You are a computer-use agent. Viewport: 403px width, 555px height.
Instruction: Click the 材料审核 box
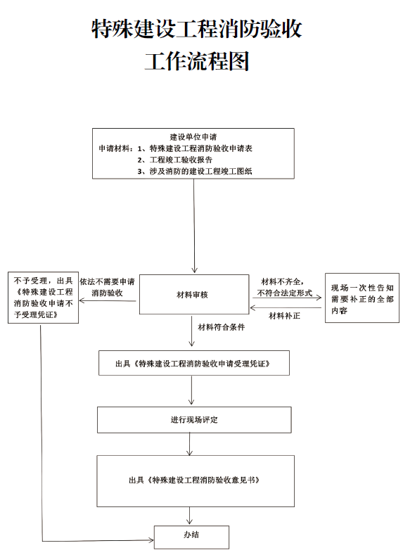pos(194,294)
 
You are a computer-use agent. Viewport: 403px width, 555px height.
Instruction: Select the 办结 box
pos(191,537)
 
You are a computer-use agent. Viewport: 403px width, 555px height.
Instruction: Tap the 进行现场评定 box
pos(194,420)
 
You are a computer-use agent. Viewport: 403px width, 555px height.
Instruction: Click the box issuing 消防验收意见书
pos(196,481)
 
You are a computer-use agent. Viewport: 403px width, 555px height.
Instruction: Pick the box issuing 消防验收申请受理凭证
pos(194,363)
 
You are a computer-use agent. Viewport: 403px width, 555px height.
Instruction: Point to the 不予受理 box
pos(43,298)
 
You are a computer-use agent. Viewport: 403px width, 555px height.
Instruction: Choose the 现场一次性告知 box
pos(362,298)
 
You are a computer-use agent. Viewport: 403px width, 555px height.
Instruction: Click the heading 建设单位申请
pos(193,137)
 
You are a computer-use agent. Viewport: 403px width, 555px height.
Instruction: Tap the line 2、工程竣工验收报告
pos(175,160)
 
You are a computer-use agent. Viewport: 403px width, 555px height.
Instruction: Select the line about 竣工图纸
pos(195,172)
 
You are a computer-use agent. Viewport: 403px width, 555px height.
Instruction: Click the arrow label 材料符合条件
pos(221,327)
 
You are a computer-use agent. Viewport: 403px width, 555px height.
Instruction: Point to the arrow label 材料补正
pos(284,316)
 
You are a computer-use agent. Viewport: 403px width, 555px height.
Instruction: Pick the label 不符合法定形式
pos(285,293)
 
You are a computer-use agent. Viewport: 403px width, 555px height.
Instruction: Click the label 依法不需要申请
pos(107,282)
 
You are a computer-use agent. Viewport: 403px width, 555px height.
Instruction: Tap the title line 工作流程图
pos(197,61)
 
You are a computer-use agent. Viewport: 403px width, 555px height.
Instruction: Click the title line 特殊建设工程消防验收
pos(197,29)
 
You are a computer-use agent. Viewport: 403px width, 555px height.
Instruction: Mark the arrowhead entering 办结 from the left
pos(151,540)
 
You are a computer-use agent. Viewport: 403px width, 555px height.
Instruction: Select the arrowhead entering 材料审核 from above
pos(194,270)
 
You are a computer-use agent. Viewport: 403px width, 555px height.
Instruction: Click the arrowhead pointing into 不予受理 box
pos(82,301)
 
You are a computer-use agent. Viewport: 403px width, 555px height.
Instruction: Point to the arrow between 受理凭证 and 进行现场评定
pos(191,390)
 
